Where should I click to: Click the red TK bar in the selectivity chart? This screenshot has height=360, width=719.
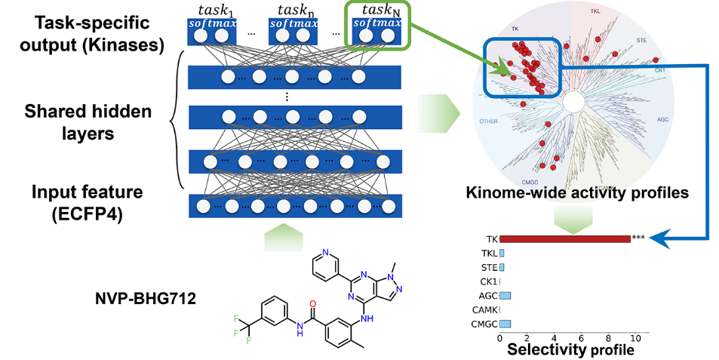[564, 238]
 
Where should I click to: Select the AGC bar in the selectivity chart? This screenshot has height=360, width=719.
[505, 295]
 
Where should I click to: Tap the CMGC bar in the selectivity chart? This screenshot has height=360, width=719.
[505, 324]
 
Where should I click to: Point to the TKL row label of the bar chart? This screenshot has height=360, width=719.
[490, 253]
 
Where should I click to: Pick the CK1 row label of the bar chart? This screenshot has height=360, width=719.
[488, 281]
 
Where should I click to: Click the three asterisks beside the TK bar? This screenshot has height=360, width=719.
[638, 238]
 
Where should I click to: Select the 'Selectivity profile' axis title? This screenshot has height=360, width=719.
[570, 350]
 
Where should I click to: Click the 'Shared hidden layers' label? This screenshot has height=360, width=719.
[88, 122]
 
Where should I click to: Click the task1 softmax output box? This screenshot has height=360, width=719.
[210, 31]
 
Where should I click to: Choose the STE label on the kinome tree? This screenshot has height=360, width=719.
[642, 38]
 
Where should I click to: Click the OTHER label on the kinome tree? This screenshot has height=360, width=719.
[489, 121]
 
